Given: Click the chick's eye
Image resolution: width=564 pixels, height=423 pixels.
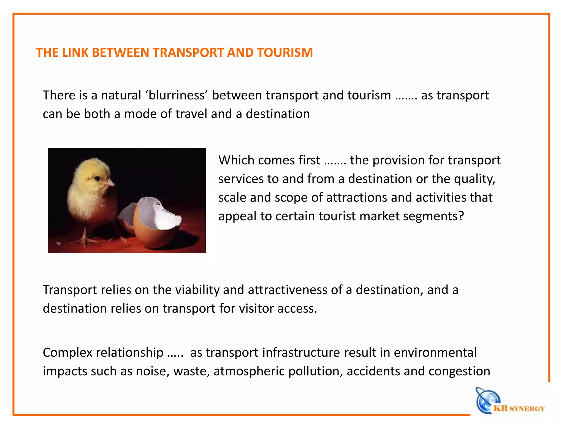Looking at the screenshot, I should [97, 179].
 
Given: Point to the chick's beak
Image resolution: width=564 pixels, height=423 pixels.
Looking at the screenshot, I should [110, 183].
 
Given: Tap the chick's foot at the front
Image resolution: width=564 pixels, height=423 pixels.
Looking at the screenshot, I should [85, 241].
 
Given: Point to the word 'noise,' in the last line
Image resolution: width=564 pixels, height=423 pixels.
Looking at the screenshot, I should [153, 371].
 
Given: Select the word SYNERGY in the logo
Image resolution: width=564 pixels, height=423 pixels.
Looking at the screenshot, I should [527, 409].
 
